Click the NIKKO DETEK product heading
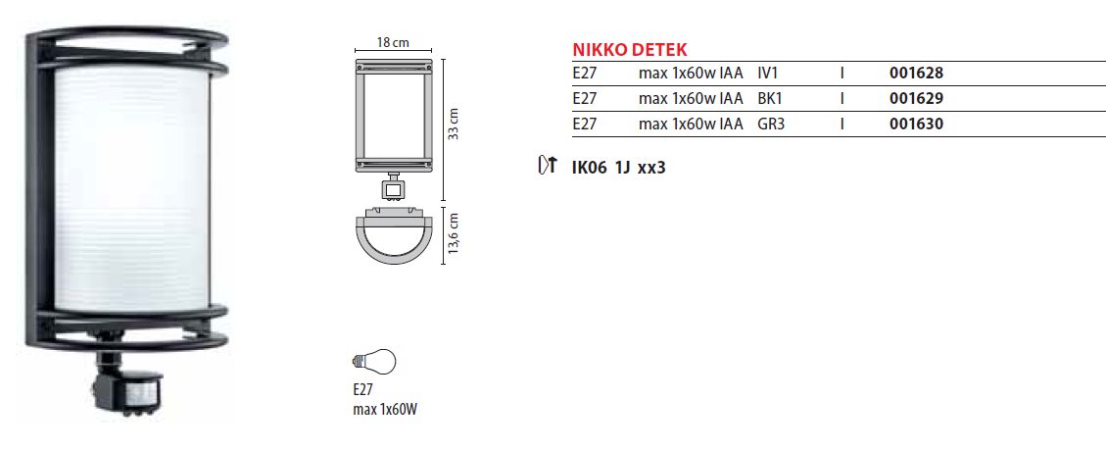(629, 50)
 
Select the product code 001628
(916, 73)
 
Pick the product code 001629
(916, 99)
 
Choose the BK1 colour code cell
(770, 99)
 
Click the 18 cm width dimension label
(393, 42)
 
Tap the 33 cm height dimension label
(455, 124)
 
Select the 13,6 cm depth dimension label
(455, 234)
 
